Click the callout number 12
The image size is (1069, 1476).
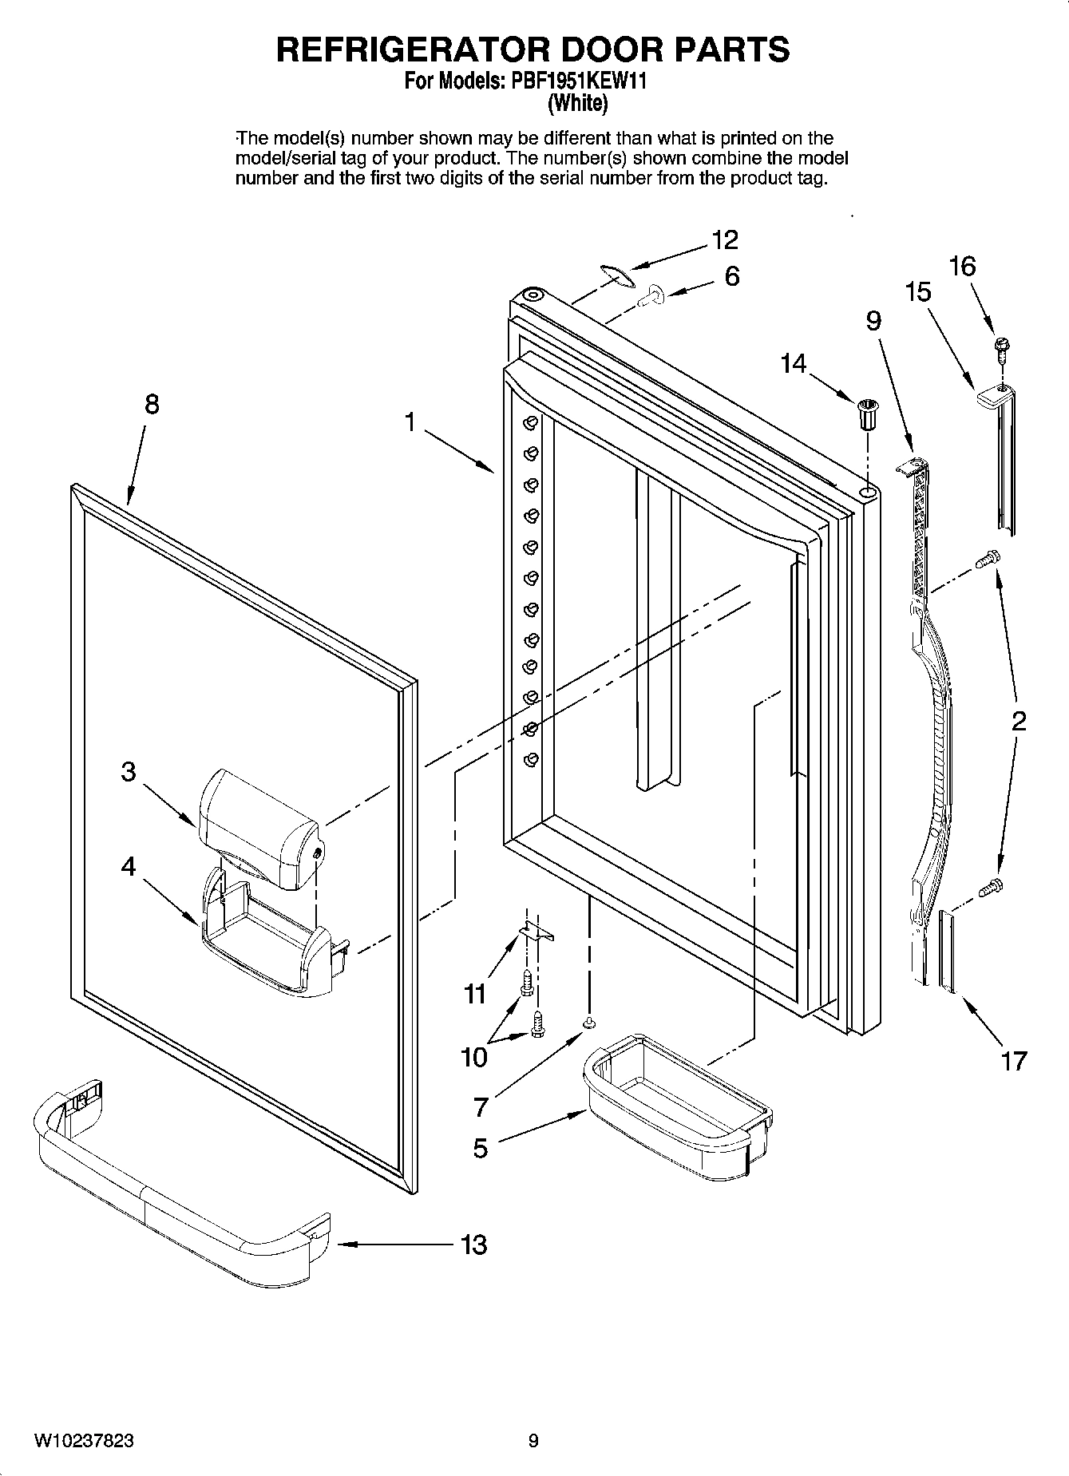pos(725,239)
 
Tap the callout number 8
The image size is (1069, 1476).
pos(152,405)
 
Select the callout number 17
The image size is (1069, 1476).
pos(1013,1061)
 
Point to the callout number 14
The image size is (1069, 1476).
pos(794,364)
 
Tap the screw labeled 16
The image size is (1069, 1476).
pos(998,347)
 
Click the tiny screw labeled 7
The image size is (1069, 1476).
pos(588,1023)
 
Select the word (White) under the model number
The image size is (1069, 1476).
pos(577,103)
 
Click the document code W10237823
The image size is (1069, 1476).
pos(84,1441)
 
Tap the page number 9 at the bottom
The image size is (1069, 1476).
pos(533,1441)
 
